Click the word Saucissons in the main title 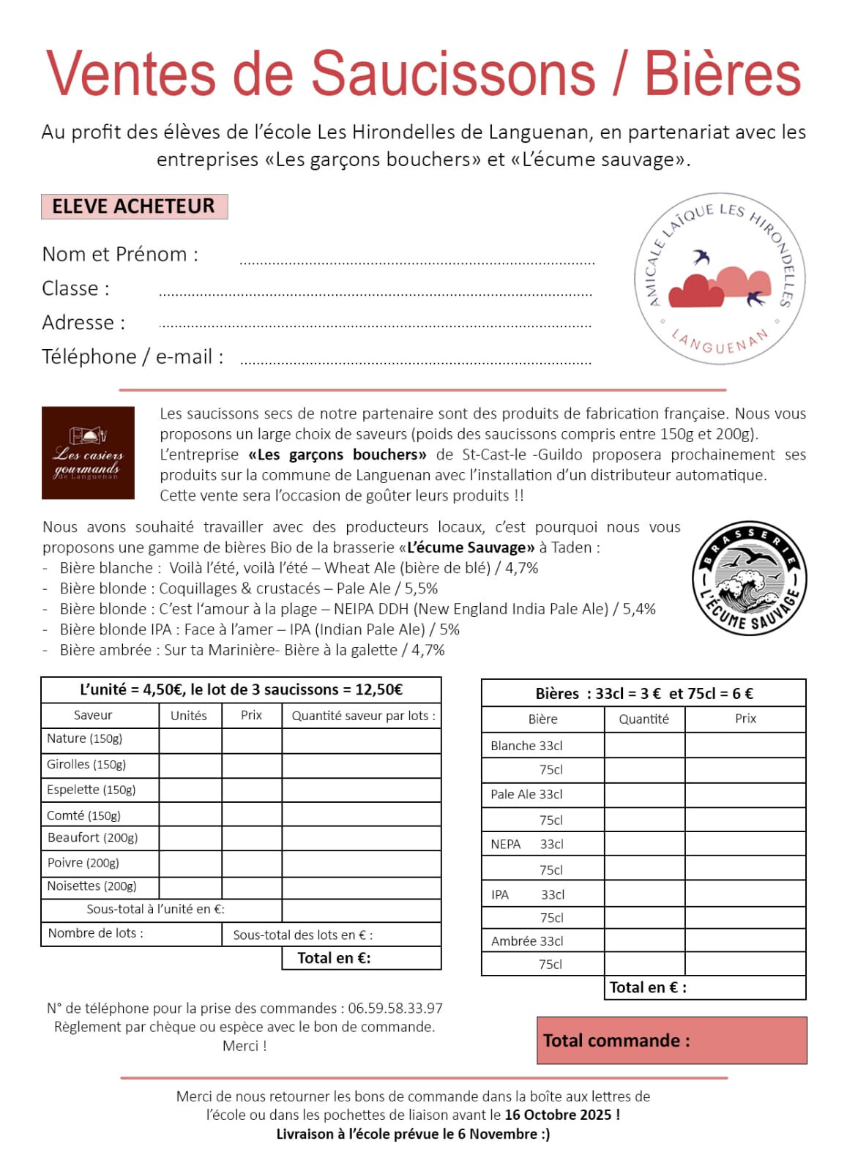coord(454,73)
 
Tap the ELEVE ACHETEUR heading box coord(134,206)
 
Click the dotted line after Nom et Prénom coord(417,262)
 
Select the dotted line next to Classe coord(375,294)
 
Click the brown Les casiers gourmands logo coord(88,453)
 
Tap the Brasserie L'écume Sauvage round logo coord(749,578)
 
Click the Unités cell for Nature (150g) coord(190,740)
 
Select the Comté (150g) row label coord(84,815)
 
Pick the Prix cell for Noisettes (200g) coord(251,886)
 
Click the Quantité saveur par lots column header coord(363,716)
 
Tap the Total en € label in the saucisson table coord(334,958)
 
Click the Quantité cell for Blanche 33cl coord(644,745)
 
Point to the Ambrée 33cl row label coord(527,941)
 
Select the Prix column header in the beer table coord(745,719)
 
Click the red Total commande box coord(671,1040)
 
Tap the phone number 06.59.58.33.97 coord(395,1009)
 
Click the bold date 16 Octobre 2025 coord(558,1115)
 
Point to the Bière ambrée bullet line coord(252,650)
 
